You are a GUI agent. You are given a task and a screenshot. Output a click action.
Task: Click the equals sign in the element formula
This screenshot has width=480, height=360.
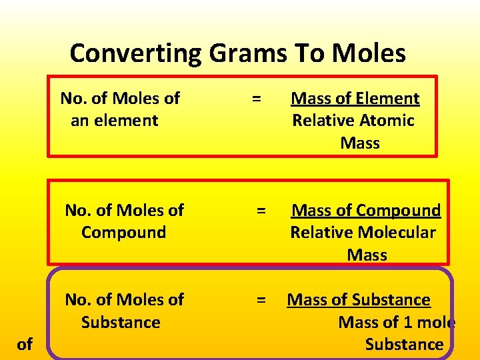pyautogui.click(x=255, y=99)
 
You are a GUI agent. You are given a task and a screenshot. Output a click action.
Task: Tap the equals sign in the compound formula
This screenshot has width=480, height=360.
pyautogui.click(x=261, y=211)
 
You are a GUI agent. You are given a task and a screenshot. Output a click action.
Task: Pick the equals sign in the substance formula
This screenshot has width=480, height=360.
pyautogui.click(x=261, y=300)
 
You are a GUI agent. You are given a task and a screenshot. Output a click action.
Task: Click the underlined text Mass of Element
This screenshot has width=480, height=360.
pyautogui.click(x=355, y=99)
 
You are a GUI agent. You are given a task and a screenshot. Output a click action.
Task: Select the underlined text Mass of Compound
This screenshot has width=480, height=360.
pyautogui.click(x=366, y=211)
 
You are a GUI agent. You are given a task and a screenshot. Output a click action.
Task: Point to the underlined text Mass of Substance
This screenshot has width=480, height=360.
pyautogui.click(x=359, y=300)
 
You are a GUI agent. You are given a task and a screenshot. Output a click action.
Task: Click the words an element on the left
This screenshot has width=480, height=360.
pyautogui.click(x=114, y=121)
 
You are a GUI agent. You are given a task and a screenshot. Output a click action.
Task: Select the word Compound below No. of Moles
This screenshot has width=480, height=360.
pyautogui.click(x=123, y=233)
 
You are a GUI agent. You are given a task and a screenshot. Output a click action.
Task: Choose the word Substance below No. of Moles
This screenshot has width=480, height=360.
pyautogui.click(x=121, y=323)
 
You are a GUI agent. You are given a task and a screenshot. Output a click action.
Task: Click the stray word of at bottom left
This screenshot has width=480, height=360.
pyautogui.click(x=25, y=345)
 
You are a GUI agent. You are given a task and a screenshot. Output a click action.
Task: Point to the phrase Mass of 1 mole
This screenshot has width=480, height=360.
pyautogui.click(x=397, y=323)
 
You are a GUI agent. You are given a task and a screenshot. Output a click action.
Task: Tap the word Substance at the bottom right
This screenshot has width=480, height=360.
pyautogui.click(x=404, y=345)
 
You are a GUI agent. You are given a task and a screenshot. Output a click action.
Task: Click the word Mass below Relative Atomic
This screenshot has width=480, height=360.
pyautogui.click(x=360, y=143)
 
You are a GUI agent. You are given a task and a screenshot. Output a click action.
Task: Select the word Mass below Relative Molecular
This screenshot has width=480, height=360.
pyautogui.click(x=367, y=255)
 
